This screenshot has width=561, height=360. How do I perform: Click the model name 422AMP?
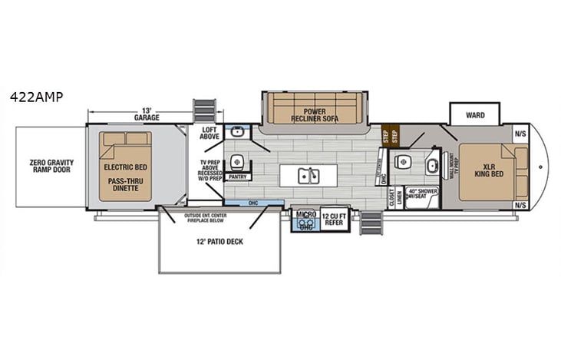tap(36, 97)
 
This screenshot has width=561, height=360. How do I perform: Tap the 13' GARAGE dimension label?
tap(147, 114)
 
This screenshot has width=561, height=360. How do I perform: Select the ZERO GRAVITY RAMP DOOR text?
tap(51, 167)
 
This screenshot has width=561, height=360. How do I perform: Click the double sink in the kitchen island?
tap(309, 176)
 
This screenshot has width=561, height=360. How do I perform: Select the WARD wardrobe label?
tap(475, 116)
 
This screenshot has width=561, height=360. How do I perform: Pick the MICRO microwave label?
tap(305, 214)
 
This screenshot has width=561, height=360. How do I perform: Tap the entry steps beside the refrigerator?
tap(371, 223)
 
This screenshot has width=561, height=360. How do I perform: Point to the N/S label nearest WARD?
tap(521, 133)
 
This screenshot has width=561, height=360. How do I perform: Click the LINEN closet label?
tap(400, 197)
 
